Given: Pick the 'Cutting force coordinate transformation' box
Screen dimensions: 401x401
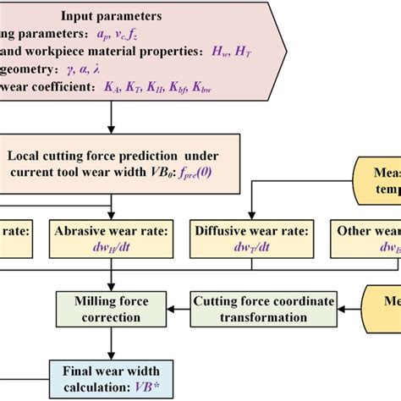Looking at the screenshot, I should [264, 309].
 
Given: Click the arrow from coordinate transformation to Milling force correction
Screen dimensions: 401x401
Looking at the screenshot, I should [180, 309].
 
